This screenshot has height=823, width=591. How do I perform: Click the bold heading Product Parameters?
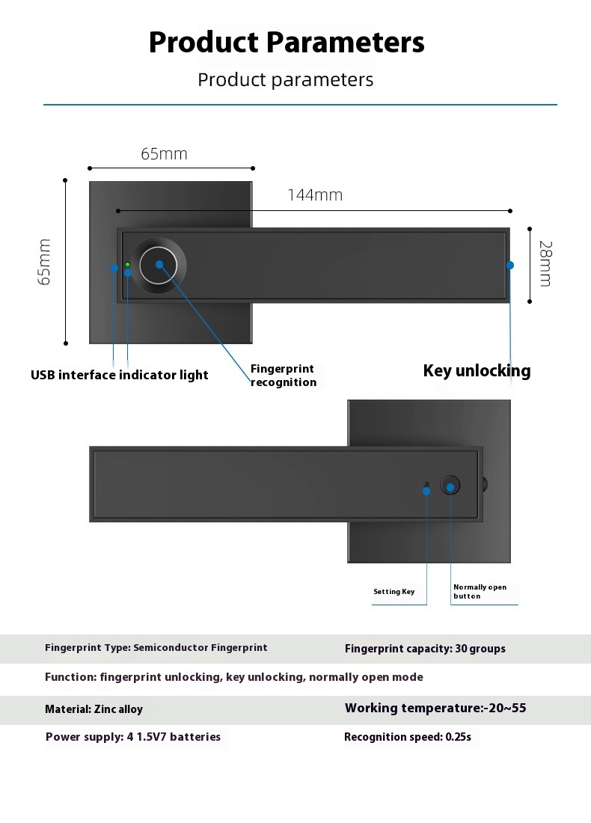(x=287, y=43)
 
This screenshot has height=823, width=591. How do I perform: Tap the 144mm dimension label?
(x=315, y=195)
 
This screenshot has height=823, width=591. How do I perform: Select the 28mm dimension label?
(x=546, y=263)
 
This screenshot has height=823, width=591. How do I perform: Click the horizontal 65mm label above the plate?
(x=165, y=154)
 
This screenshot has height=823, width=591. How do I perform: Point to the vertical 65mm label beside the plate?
(x=45, y=262)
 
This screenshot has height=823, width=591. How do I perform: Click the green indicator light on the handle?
(x=127, y=264)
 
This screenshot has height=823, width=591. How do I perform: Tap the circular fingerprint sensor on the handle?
(x=159, y=265)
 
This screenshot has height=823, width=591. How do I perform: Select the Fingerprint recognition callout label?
(x=284, y=376)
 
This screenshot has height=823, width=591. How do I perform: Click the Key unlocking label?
(x=477, y=370)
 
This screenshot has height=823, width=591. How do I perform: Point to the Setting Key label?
(x=394, y=592)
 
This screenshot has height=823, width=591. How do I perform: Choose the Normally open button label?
(x=480, y=592)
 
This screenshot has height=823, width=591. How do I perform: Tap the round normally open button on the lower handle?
(x=450, y=485)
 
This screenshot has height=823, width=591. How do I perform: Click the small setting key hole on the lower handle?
(x=426, y=485)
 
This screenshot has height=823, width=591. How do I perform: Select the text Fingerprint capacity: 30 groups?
(x=425, y=649)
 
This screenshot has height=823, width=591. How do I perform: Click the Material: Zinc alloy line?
(x=94, y=709)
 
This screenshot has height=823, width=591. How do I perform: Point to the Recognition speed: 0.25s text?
(x=407, y=737)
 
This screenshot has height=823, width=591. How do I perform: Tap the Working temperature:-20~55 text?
(x=435, y=708)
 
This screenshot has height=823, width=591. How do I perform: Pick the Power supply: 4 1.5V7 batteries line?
(x=133, y=737)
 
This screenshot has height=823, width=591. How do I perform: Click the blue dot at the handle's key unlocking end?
(x=509, y=265)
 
